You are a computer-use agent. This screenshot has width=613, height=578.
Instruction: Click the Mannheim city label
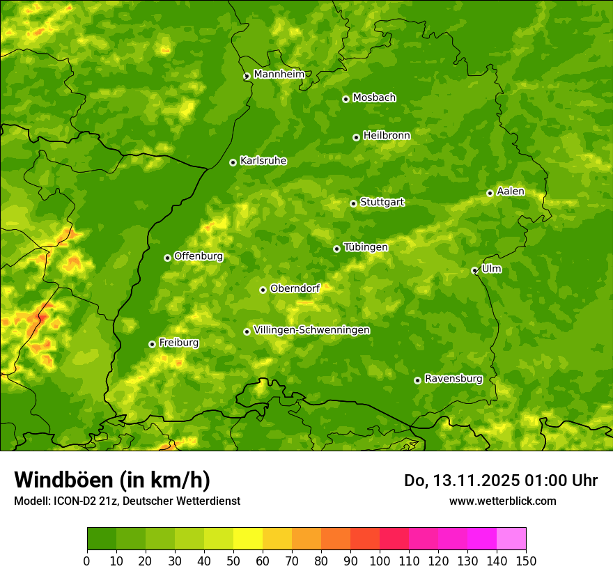tap(279, 74)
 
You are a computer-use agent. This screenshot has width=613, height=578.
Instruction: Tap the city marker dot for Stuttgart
tap(353, 203)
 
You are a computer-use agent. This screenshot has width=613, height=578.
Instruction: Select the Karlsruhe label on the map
tap(263, 161)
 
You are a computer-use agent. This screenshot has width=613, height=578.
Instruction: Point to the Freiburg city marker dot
tap(152, 344)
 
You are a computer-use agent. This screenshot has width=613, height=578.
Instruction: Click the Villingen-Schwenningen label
tap(312, 330)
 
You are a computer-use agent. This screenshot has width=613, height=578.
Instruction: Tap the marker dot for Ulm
tap(474, 270)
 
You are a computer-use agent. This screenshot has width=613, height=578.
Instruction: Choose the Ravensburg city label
tap(453, 379)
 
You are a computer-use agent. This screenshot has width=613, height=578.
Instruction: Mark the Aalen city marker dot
tap(490, 193)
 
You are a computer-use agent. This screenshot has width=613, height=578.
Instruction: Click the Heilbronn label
tap(387, 136)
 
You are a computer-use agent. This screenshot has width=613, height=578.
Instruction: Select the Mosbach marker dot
tap(346, 99)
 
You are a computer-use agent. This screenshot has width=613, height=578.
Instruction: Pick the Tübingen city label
tap(366, 247)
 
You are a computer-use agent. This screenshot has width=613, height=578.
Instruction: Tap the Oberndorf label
tap(295, 288)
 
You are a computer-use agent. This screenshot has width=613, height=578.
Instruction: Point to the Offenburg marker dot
tap(167, 258)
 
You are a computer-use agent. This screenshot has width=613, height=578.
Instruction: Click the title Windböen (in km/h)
tap(112, 480)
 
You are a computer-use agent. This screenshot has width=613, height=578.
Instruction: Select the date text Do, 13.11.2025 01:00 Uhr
tap(501, 481)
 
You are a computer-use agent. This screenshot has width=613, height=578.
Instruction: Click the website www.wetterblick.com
tap(502, 501)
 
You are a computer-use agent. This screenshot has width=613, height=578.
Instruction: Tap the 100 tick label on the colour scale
tap(380, 561)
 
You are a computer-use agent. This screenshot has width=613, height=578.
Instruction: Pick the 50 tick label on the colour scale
tap(233, 561)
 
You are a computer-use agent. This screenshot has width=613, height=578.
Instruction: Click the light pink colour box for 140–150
tap(511, 539)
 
